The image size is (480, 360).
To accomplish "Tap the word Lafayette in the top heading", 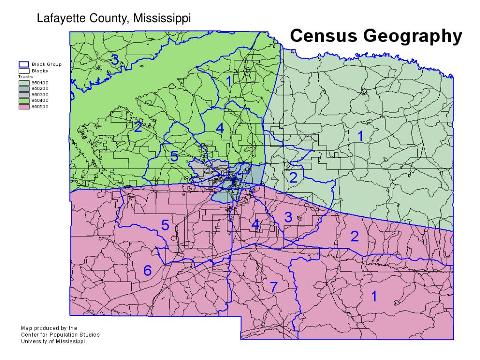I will pyautogui.click(x=57, y=19).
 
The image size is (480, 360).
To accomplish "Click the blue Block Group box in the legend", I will pyautogui.click(x=23, y=65).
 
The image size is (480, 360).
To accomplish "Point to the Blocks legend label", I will pyautogui.click(x=39, y=71).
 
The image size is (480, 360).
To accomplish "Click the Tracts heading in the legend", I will pyautogui.click(x=26, y=76).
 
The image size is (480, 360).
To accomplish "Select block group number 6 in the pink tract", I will pyautogui.click(x=147, y=270).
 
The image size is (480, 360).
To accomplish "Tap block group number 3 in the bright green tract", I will pyautogui.click(x=113, y=59).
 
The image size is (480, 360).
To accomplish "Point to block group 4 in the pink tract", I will pyautogui.click(x=255, y=225).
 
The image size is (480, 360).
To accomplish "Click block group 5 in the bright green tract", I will pyautogui.click(x=174, y=156).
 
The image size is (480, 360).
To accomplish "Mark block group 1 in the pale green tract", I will pyautogui.click(x=360, y=136).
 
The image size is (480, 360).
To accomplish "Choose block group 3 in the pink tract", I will pyautogui.click(x=288, y=217).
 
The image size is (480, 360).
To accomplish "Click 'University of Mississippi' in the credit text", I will pyautogui.click(x=53, y=341).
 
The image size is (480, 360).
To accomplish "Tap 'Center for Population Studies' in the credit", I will pyautogui.click(x=60, y=335).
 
